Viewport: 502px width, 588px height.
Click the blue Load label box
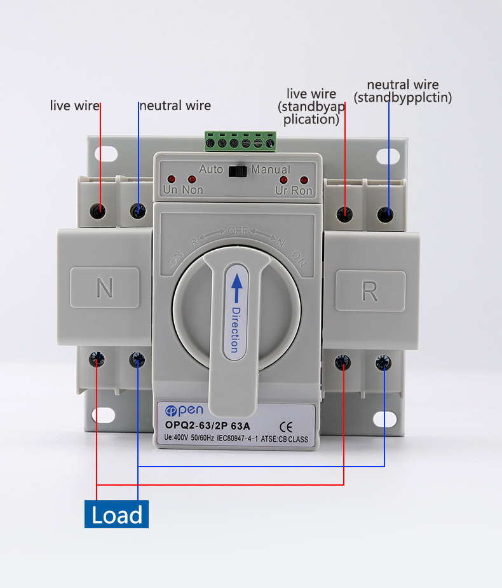[116, 514]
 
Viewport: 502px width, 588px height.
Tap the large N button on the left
[104, 288]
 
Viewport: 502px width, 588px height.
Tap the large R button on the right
[370, 291]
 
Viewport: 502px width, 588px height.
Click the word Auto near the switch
[211, 170]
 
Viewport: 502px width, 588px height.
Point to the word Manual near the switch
[271, 170]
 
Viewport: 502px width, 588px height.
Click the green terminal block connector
[240, 141]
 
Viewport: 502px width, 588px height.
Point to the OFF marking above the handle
[238, 231]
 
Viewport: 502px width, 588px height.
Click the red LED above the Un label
[170, 179]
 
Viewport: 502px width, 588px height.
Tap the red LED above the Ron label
[303, 180]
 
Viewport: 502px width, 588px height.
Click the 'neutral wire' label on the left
[175, 106]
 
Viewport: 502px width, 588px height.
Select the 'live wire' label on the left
[74, 106]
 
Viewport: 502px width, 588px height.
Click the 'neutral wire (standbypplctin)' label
[403, 91]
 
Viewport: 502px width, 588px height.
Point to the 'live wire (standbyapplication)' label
[311, 106]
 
